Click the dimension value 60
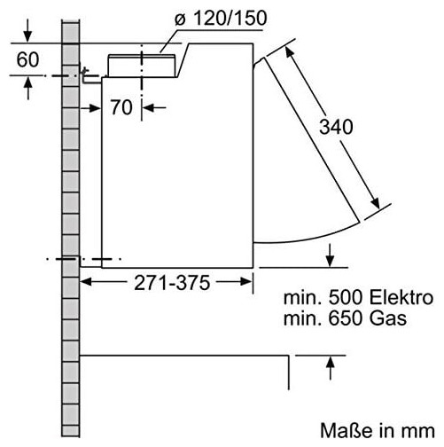coord(27,59)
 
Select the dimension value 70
coord(121,107)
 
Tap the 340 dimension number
coord(336,127)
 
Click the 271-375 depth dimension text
coord(172,283)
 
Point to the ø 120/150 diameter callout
coord(221,18)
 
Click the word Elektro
coord(401,297)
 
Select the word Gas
coord(388,318)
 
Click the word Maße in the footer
coord(344,430)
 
